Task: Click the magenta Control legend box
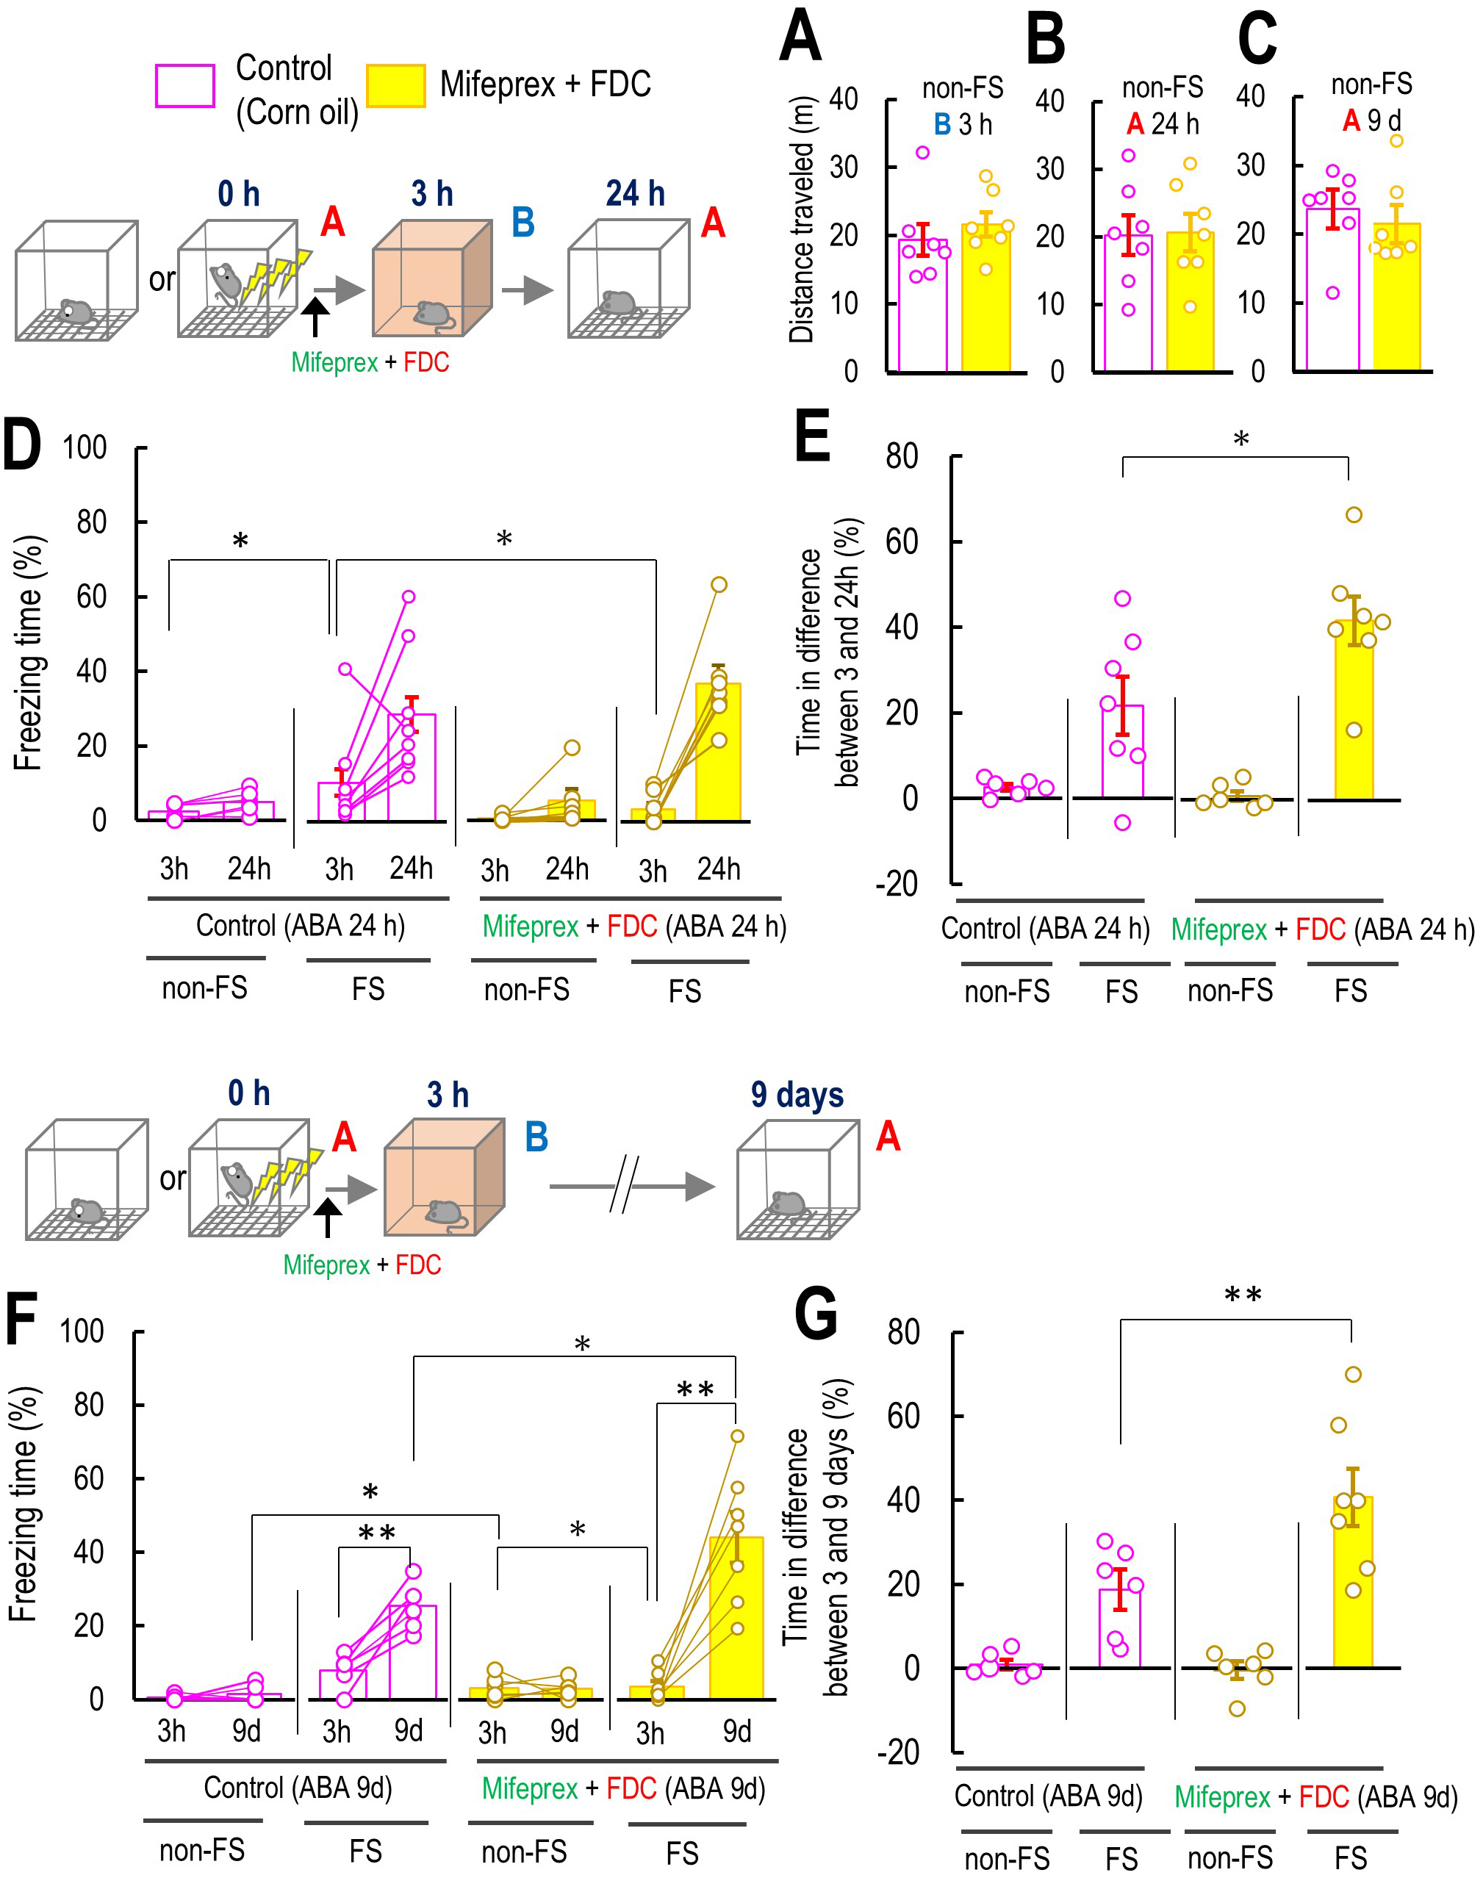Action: [185, 86]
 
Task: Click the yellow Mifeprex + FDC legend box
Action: [396, 86]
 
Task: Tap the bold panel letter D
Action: [22, 445]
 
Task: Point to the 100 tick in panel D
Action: [85, 448]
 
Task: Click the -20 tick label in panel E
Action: [897, 885]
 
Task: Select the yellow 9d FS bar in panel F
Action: [736, 1619]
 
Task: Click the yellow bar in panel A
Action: [985, 298]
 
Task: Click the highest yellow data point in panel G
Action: [1353, 1375]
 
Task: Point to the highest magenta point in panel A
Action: [923, 153]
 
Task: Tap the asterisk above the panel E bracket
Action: [1242, 439]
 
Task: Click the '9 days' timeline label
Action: [797, 1095]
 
